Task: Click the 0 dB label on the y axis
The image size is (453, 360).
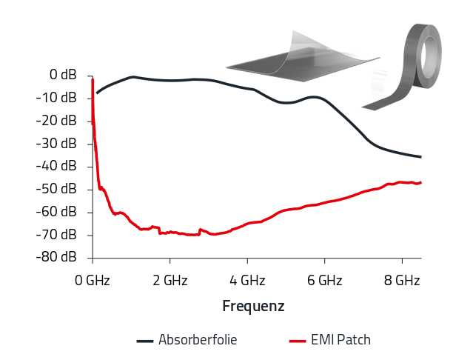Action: click(63, 75)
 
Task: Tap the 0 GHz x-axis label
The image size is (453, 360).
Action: click(93, 281)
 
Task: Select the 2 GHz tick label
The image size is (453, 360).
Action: click(170, 281)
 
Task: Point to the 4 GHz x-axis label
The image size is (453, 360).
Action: click(247, 281)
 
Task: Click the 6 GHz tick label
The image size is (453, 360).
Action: click(324, 281)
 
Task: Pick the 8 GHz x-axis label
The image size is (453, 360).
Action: click(402, 281)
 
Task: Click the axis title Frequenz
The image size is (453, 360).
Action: click(253, 306)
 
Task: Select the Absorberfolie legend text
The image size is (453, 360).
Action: click(198, 340)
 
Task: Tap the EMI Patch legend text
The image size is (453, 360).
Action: click(340, 340)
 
